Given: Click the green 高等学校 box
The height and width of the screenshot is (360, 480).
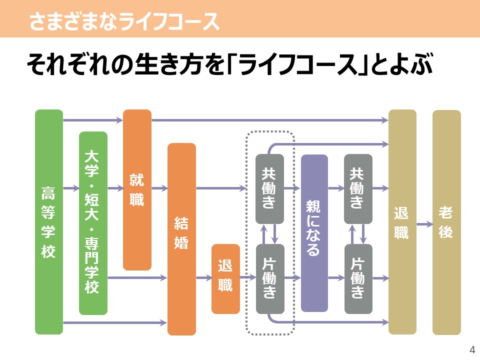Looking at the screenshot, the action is tap(49, 222).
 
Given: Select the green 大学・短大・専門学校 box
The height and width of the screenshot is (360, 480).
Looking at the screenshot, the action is tap(93, 223).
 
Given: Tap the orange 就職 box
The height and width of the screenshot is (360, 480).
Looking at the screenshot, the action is tap(137, 190).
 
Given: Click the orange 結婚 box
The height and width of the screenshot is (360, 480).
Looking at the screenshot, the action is tap(181, 239).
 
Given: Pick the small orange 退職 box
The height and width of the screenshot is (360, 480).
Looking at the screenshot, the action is tap(225, 279).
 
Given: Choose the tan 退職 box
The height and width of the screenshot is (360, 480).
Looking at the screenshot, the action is tap(402, 222).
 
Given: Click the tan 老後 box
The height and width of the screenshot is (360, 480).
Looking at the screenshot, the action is tap(446, 222).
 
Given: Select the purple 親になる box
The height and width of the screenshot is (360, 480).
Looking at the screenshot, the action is tap(314, 233).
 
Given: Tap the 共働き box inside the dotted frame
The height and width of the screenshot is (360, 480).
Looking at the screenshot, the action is tap(269, 189).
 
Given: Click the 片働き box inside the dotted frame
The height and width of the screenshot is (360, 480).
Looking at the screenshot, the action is tap(270, 279).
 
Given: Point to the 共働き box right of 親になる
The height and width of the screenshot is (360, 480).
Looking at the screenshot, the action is tap(358, 189).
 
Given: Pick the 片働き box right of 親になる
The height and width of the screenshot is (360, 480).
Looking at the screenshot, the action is tap(358, 279).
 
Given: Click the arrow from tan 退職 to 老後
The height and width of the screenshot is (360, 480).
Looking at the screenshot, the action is tap(424, 224).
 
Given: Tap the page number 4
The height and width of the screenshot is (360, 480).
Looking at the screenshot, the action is tap(472, 349).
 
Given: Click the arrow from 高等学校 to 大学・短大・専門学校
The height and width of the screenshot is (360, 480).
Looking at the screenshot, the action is tap(71, 188).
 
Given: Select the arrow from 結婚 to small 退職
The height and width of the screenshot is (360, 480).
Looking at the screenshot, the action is tap(204, 278).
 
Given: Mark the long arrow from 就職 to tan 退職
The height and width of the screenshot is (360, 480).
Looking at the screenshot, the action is tap(270, 120).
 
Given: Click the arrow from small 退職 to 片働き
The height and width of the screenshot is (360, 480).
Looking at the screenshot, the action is tap(248, 277).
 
